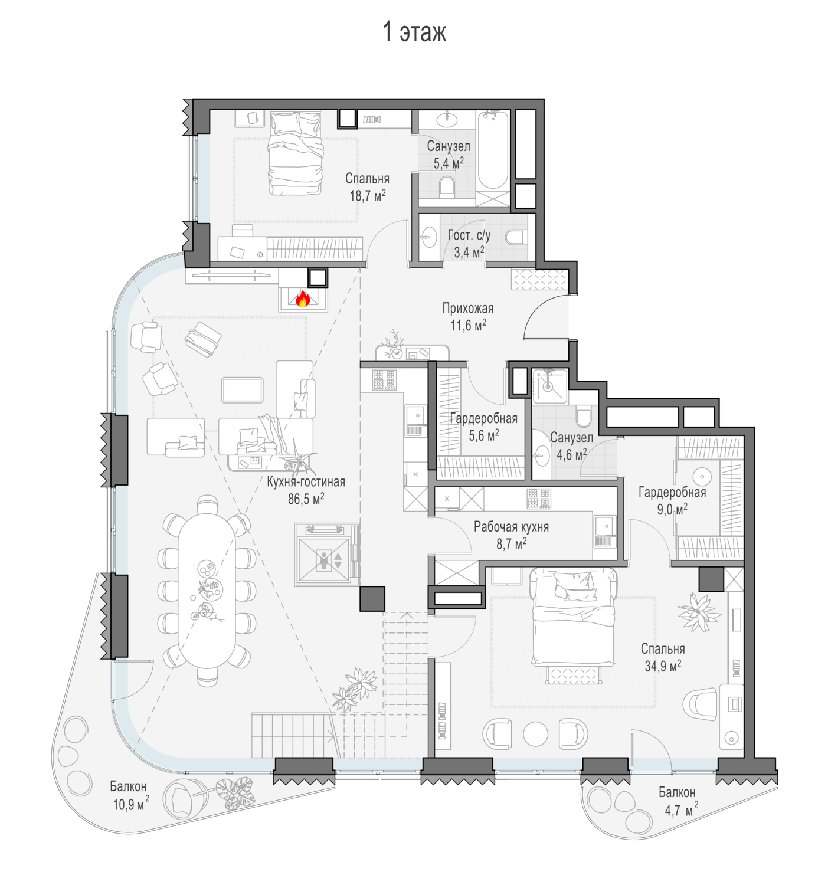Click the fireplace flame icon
pyautogui.click(x=303, y=299)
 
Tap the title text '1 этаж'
pyautogui.click(x=414, y=32)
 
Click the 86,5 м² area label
pyautogui.click(x=306, y=499)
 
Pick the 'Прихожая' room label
pyautogui.click(x=468, y=308)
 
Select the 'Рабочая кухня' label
pyautogui.click(x=511, y=527)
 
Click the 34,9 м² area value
pyautogui.click(x=663, y=666)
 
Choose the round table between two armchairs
pyautogui.click(x=536, y=734)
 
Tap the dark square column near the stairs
pyautogui.click(x=372, y=598)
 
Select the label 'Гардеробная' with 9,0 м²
pyautogui.click(x=672, y=492)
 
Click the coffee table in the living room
pyautogui.click(x=243, y=390)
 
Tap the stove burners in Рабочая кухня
pyautogui.click(x=539, y=499)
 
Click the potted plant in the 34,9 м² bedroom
pyautogui.click(x=700, y=611)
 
